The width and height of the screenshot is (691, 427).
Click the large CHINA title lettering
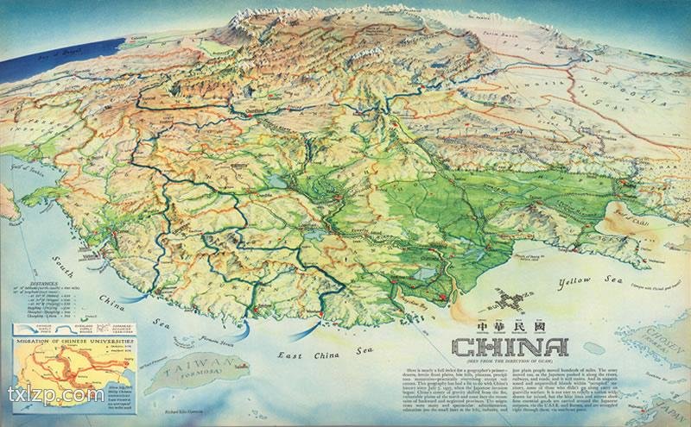pos(510,348)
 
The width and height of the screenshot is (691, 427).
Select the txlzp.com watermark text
pos(54,396)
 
